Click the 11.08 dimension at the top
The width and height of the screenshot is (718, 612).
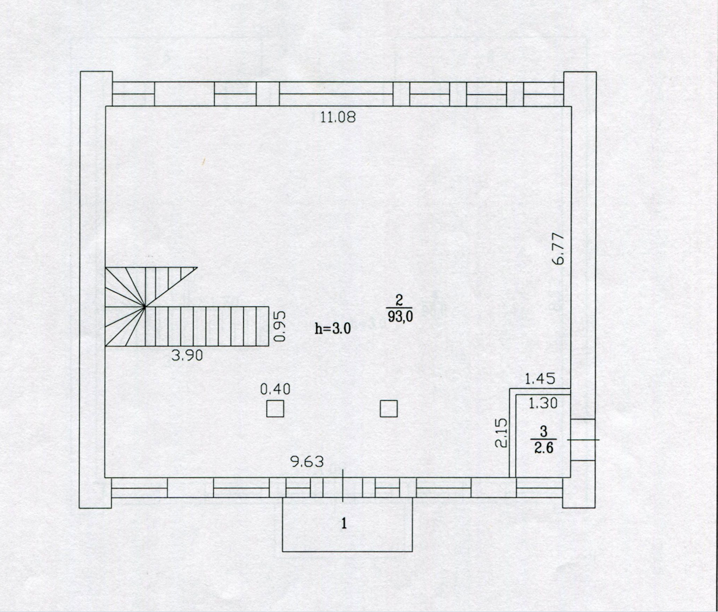point(338,117)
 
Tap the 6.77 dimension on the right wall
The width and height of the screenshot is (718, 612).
point(559,248)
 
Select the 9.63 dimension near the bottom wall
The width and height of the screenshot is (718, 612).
point(307,462)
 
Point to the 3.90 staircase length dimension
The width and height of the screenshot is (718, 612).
point(187,356)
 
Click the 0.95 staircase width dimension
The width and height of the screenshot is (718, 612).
point(280,327)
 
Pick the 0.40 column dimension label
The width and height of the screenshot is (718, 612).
point(275,389)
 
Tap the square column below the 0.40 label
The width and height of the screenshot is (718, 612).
point(275,408)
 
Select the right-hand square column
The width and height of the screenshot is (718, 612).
point(389,408)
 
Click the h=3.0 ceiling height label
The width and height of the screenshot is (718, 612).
point(333,328)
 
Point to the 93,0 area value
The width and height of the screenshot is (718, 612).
point(400,317)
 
